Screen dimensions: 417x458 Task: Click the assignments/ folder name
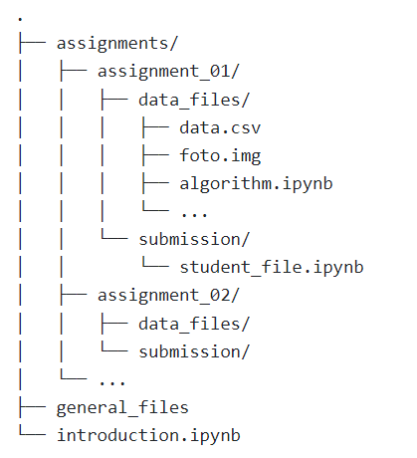(x=117, y=44)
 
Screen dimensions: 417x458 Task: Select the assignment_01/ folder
(x=168, y=72)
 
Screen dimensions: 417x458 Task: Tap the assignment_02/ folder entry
(x=168, y=296)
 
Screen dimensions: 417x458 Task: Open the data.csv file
(x=220, y=127)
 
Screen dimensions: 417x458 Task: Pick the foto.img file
(x=220, y=156)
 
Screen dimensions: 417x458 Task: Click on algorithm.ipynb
(x=256, y=184)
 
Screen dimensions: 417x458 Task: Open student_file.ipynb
(x=272, y=268)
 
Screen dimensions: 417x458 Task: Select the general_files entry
(x=122, y=408)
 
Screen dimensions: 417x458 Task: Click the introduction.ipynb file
(x=148, y=436)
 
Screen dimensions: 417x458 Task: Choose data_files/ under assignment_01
(x=194, y=100)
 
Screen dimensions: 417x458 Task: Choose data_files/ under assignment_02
(x=194, y=324)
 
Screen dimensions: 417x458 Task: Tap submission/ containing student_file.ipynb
(x=194, y=239)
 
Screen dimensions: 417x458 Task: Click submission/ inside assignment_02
(x=194, y=351)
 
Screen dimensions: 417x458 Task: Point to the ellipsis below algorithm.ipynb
(x=194, y=214)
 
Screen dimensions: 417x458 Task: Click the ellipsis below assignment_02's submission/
(x=112, y=382)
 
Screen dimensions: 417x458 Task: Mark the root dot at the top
(x=20, y=19)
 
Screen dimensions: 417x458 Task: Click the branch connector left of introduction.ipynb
(x=32, y=432)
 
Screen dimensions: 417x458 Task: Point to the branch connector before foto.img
(x=155, y=155)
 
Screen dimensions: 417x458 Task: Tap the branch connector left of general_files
(x=32, y=407)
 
